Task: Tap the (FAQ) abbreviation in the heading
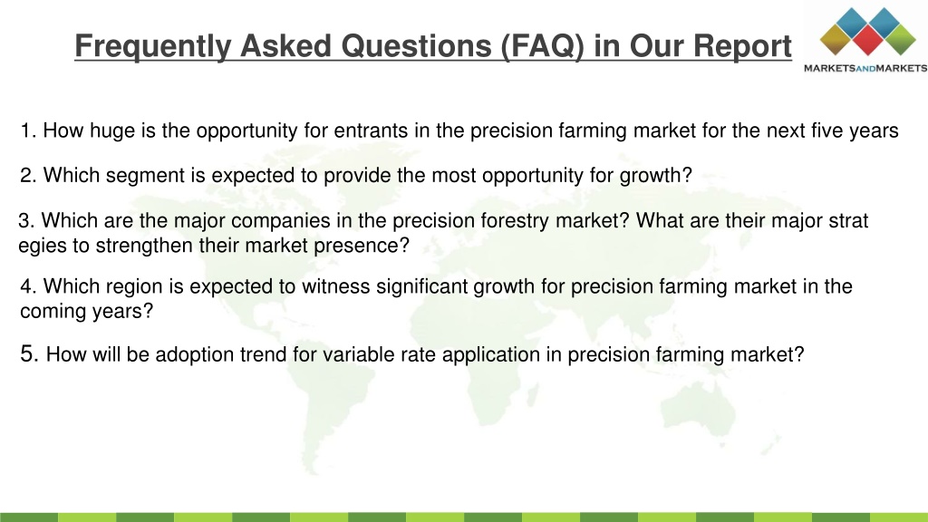click(542, 46)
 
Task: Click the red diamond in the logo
click(868, 40)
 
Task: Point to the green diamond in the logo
click(900, 40)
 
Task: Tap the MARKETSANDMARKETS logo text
click(865, 68)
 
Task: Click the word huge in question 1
click(112, 130)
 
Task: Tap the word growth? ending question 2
click(656, 176)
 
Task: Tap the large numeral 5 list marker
click(28, 353)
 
